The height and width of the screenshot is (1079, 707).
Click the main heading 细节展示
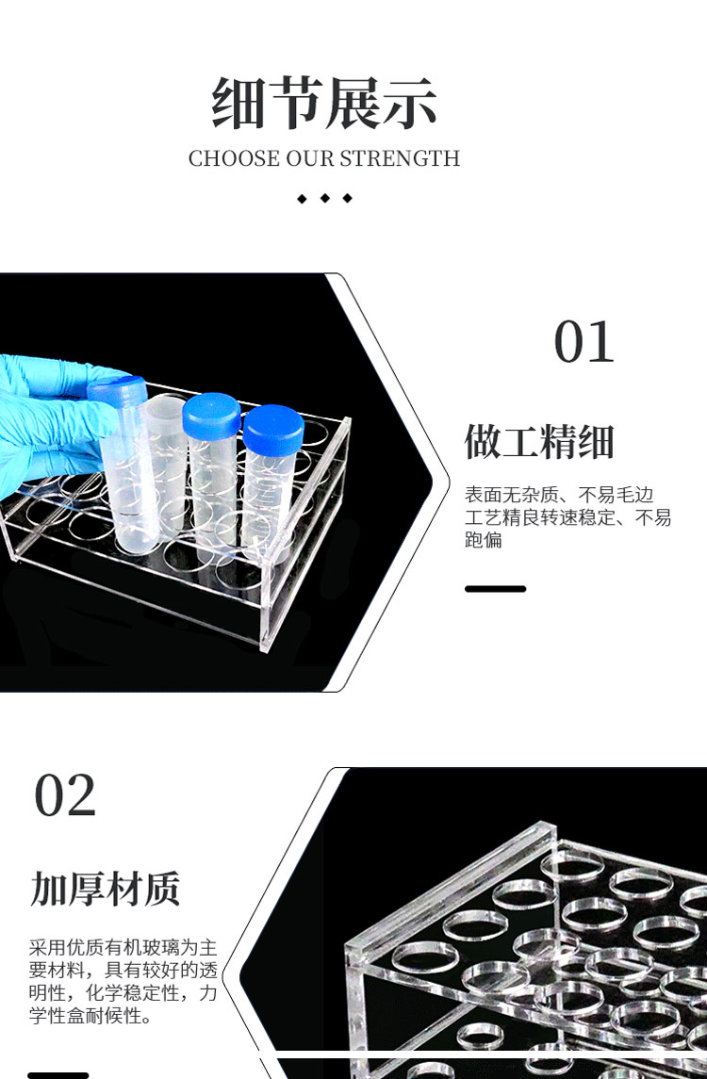(323, 103)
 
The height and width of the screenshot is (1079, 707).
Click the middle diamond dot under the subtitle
(325, 198)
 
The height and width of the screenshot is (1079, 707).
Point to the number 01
(584, 342)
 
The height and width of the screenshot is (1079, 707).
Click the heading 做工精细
(539, 441)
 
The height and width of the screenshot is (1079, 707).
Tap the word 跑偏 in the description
(484, 539)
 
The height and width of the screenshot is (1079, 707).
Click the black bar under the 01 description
(495, 589)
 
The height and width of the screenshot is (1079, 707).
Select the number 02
(65, 795)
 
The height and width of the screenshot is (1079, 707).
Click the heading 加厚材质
(106, 889)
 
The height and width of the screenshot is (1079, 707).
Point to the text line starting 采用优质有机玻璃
(123, 948)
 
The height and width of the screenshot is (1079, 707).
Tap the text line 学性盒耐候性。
(90, 1015)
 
